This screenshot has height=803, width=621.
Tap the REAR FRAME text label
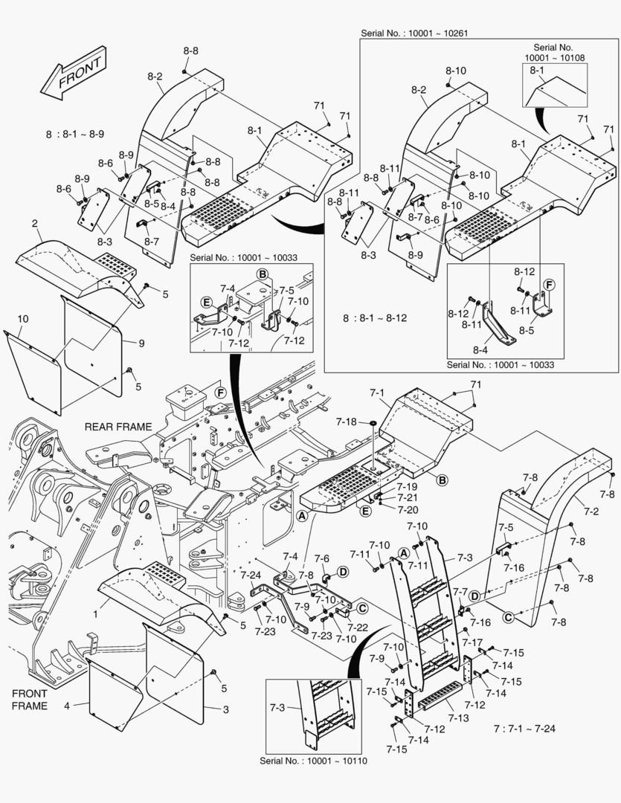(x=118, y=427)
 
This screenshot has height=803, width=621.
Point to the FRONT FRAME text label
(x=30, y=699)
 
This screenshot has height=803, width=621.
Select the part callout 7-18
(x=346, y=422)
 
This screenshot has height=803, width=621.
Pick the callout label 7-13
(x=458, y=718)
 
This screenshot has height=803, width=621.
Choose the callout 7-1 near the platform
(x=377, y=392)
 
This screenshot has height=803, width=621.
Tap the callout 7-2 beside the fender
(x=591, y=512)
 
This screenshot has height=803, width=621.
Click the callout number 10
(x=23, y=318)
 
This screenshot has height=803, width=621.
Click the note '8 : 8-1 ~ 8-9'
(x=74, y=134)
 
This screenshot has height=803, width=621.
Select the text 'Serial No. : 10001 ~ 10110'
(x=313, y=761)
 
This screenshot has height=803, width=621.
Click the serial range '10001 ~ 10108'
(x=556, y=57)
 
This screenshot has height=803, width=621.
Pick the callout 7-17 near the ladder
(x=473, y=642)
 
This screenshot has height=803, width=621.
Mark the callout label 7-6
(x=322, y=558)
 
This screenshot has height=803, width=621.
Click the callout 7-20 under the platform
(x=407, y=509)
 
